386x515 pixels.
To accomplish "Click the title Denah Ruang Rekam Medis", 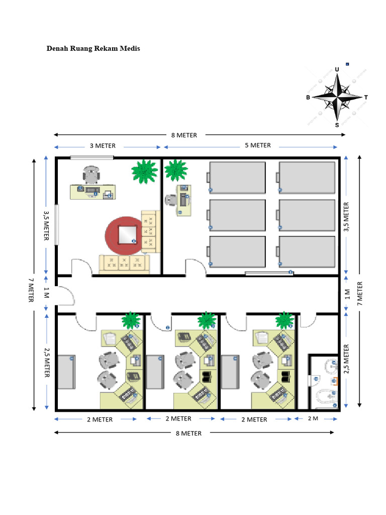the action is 93,49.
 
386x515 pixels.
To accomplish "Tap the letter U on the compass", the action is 337,69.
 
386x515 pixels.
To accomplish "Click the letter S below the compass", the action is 337,125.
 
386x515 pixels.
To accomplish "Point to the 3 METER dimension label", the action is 103,146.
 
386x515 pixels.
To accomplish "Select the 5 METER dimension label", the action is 258,145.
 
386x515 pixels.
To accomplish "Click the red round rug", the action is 124,235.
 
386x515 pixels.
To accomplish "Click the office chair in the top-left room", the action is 91,175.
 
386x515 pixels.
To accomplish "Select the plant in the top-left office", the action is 144,171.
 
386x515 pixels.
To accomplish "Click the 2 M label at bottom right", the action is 313,418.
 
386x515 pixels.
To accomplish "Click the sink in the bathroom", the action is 331,366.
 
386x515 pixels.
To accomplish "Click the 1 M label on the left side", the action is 47,293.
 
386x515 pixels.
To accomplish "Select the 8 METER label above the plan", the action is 184,135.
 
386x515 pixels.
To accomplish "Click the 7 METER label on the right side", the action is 360,294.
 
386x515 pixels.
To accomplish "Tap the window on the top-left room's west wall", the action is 56,225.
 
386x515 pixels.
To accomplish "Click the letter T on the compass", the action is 366,97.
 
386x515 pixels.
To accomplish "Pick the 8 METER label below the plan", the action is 189,434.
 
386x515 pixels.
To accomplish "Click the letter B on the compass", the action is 308,97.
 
